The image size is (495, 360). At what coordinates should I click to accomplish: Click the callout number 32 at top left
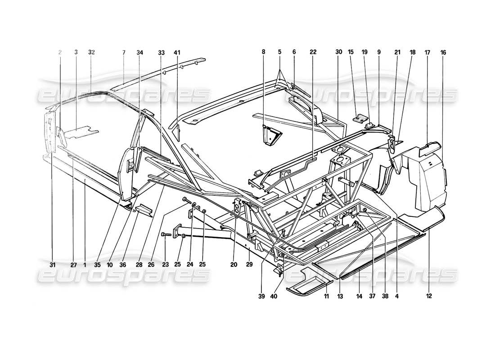coord(91,52)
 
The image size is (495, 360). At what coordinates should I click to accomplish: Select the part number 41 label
coord(177,52)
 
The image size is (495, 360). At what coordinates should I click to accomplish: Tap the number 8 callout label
coord(264,52)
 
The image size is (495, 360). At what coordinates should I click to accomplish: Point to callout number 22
coord(313,52)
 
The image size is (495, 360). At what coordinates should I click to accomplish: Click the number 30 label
coord(338,52)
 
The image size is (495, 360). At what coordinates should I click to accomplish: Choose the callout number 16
coord(443,52)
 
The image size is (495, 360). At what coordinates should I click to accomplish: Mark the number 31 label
coord(52,265)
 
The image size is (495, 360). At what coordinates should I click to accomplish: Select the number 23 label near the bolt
coord(165,265)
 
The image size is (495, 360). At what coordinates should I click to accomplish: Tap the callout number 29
coord(249,265)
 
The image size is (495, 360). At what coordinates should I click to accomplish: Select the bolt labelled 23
coord(166,234)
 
